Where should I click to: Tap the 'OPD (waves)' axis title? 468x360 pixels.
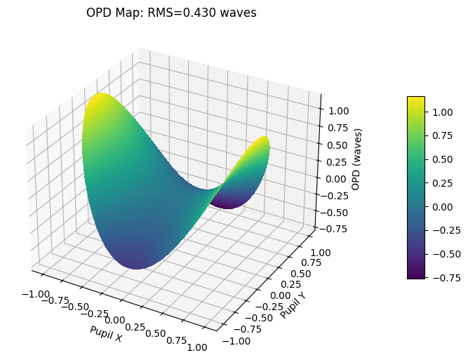[x=357, y=159]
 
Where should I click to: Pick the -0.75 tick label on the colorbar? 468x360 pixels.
[x=441, y=279]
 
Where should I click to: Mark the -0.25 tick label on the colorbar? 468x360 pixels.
[x=441, y=231]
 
